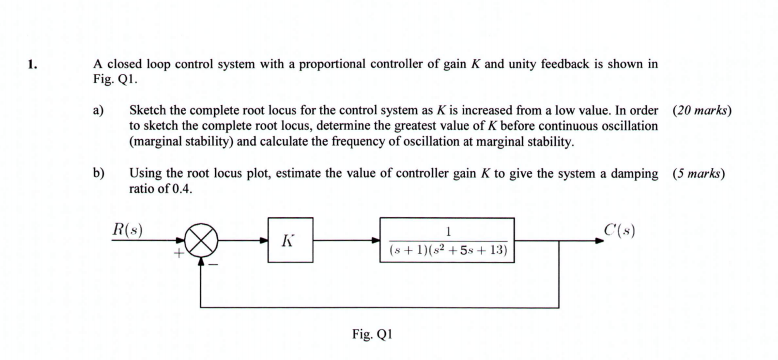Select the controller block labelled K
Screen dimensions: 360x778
tap(290, 241)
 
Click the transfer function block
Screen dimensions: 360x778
tap(447, 241)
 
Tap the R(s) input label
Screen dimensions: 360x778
tap(126, 230)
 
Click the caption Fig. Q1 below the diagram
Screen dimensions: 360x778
tap(373, 334)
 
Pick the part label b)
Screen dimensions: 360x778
tap(98, 173)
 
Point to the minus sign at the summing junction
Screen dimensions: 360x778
tap(212, 264)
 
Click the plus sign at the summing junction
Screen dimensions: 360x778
tap(181, 254)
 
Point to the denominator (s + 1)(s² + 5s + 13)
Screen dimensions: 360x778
tap(447, 251)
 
